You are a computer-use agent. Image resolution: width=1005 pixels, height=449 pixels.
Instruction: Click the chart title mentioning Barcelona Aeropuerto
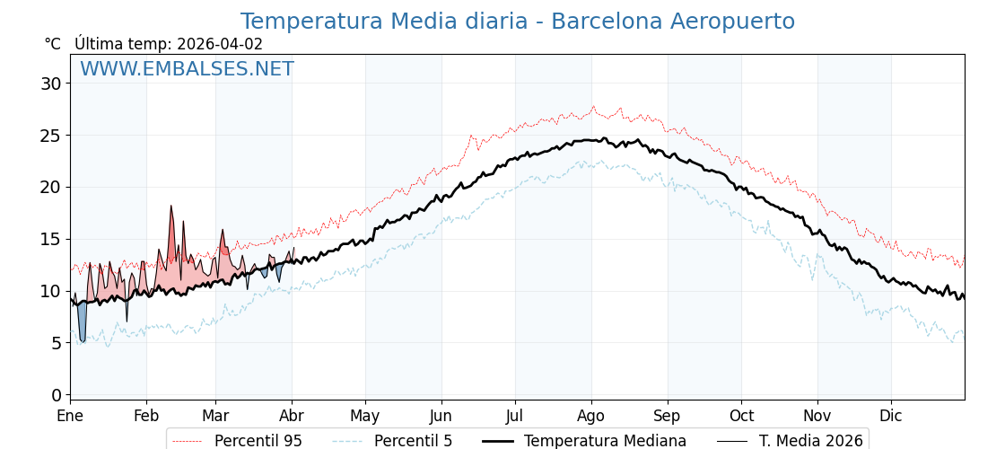click(517, 22)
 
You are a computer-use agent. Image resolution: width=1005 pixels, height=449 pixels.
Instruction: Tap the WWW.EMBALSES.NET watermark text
click(187, 69)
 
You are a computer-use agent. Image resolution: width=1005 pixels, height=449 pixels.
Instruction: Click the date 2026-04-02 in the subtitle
click(220, 44)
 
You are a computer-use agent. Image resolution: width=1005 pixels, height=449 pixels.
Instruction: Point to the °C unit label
click(53, 44)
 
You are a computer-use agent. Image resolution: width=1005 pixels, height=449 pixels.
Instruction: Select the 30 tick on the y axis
click(50, 84)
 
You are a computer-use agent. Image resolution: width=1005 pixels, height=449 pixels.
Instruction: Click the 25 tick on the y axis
click(50, 136)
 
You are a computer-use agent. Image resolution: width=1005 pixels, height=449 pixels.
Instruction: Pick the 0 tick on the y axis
click(56, 395)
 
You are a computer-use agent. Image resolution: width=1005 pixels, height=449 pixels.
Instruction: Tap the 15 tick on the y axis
click(50, 240)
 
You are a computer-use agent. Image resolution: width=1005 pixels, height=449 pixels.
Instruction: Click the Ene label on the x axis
click(70, 416)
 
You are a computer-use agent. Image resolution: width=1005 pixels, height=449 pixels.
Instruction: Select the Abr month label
click(292, 416)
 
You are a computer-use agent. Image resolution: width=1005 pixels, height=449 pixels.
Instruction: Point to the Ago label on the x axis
click(591, 416)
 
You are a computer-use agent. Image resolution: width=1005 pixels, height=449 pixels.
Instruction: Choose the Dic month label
click(891, 416)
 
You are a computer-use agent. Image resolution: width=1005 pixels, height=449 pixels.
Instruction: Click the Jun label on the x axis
click(441, 416)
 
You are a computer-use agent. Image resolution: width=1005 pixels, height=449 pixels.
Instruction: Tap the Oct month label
click(741, 416)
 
